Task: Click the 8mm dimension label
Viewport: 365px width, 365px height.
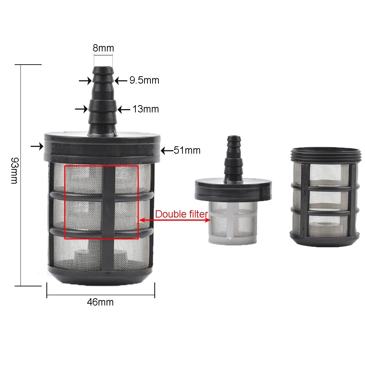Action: [x=103, y=48]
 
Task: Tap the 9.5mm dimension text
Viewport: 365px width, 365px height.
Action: [x=144, y=80]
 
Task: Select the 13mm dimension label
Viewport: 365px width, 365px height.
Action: [x=146, y=109]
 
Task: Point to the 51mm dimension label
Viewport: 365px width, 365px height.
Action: [x=187, y=150]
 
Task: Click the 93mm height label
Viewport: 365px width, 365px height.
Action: [x=15, y=170]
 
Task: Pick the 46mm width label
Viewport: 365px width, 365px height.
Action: [x=100, y=302]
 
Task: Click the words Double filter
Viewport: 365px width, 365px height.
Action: [x=181, y=214]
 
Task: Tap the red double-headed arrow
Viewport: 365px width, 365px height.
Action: [x=175, y=220]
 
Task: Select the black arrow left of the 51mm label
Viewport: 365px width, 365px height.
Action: [x=167, y=151]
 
